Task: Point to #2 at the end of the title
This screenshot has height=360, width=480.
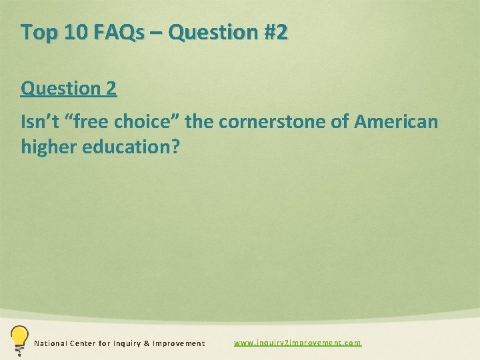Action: point(275,32)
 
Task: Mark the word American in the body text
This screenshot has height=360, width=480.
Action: point(397,122)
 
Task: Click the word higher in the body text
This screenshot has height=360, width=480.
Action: point(48,147)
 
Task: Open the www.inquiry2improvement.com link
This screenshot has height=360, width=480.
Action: point(297,343)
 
